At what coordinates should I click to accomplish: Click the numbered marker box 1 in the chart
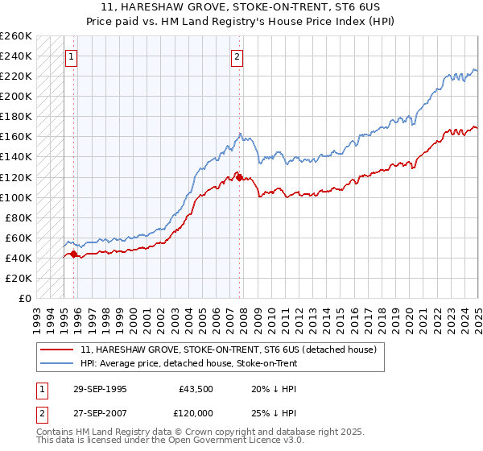point(72,56)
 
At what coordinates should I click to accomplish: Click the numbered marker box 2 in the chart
point(237,56)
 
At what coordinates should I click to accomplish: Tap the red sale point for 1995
point(74,254)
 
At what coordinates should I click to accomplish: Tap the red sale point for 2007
point(239,176)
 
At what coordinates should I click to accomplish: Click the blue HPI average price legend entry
point(189,363)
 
